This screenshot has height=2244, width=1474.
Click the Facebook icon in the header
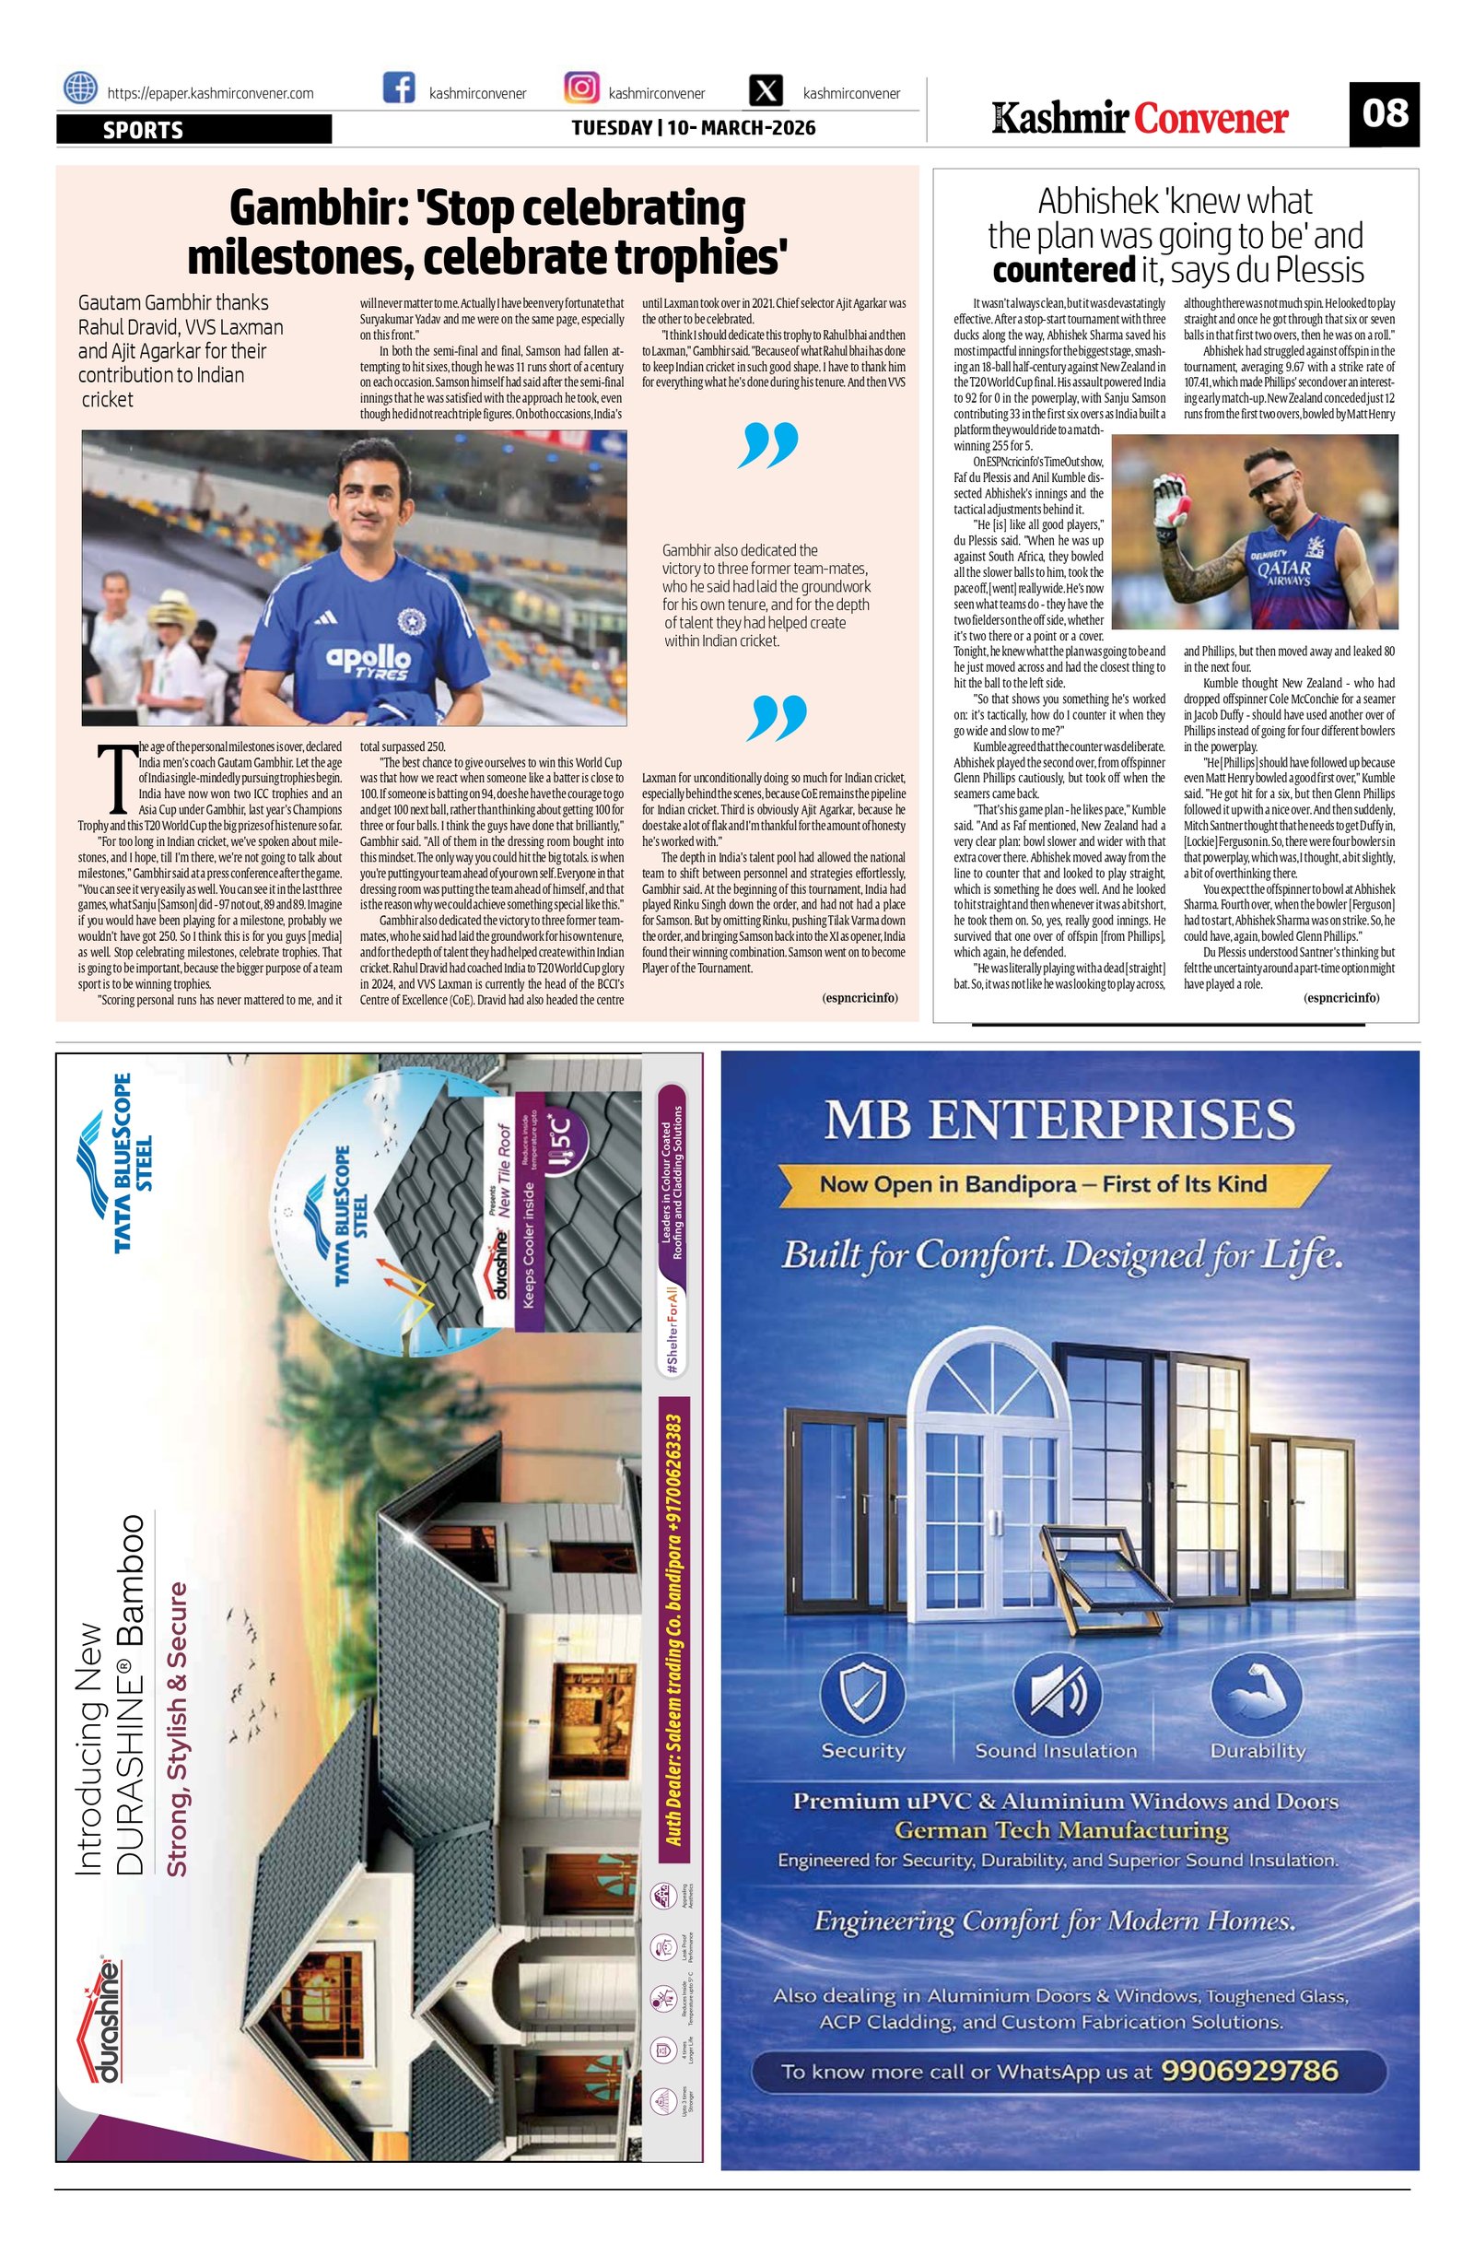coord(400,88)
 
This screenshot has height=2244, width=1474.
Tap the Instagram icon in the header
coord(580,88)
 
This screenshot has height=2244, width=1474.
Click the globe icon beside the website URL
coord(80,88)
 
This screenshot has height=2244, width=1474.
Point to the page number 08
coord(1384,114)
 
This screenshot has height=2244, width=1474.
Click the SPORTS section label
coord(143,130)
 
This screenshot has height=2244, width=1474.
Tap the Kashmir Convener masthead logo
coord(1141,119)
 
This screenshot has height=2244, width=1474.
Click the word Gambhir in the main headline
coord(314,207)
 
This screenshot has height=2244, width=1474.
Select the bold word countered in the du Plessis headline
coord(1063,271)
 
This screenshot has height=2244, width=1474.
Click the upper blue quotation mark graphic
coord(768,445)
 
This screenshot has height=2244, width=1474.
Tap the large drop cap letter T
coord(117,779)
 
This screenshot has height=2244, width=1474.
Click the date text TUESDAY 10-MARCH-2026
coord(694,127)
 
